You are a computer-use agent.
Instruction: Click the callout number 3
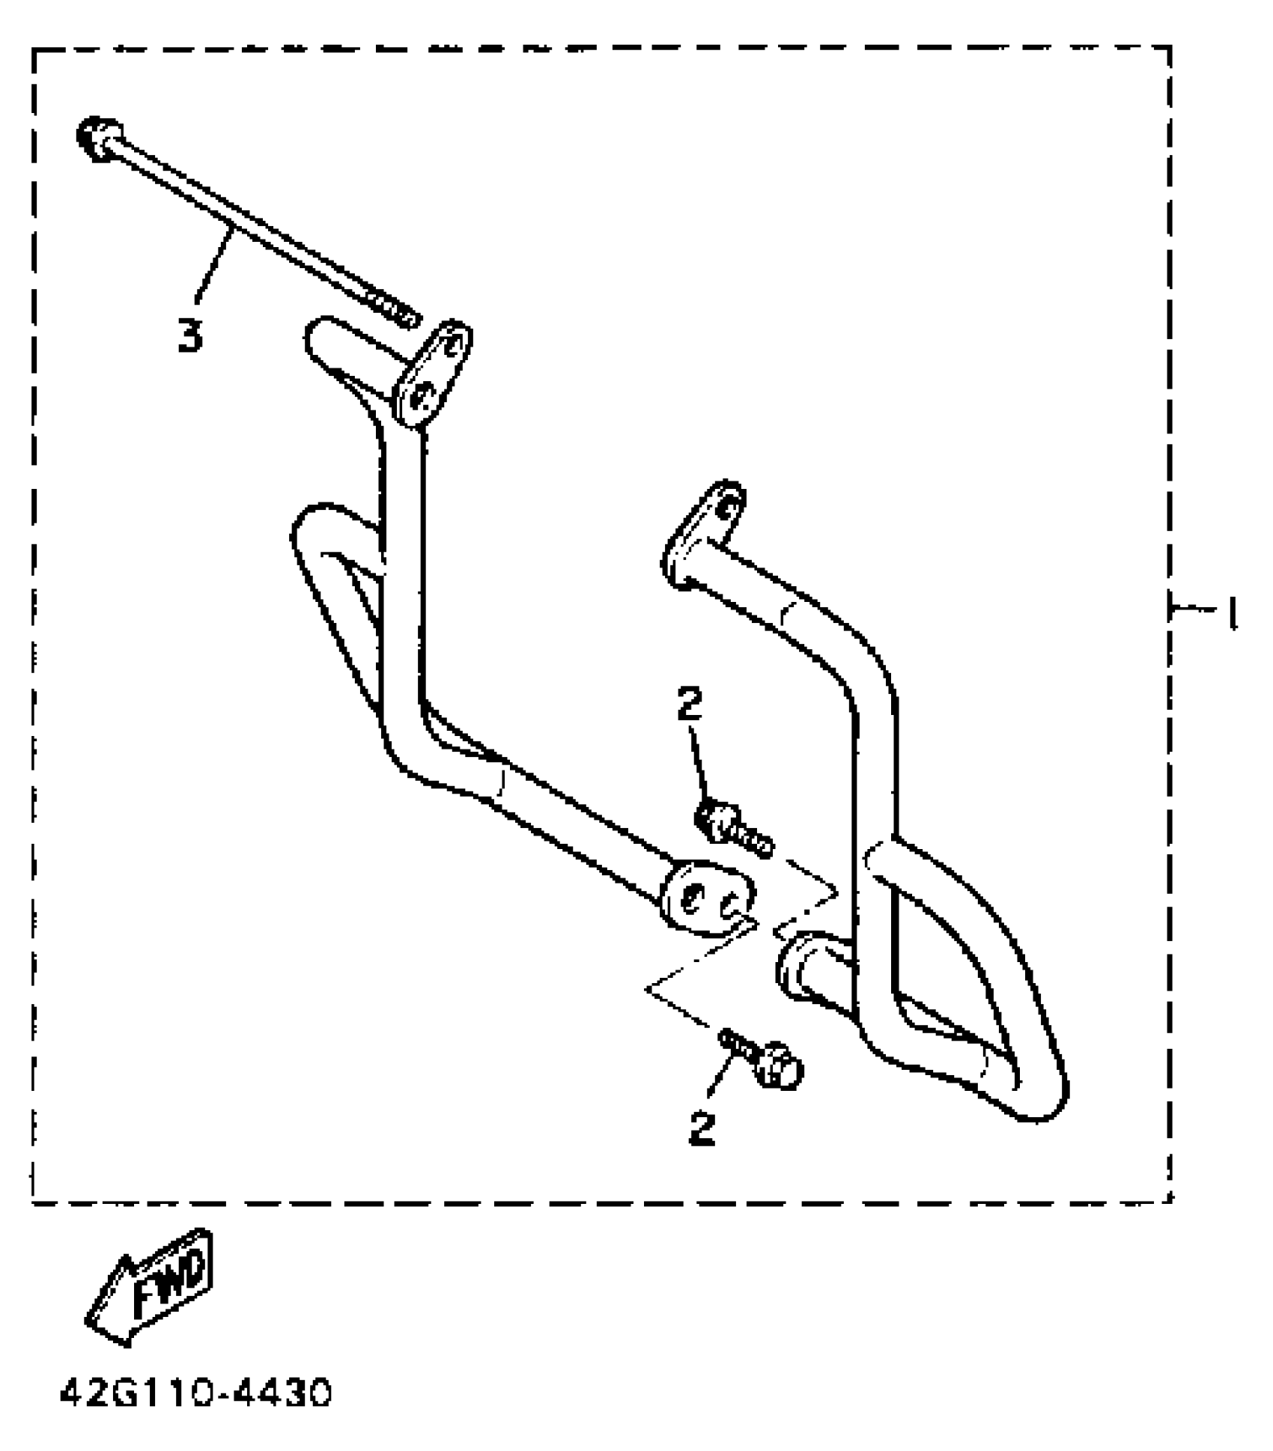pyautogui.click(x=190, y=336)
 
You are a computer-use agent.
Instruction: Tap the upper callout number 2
pyautogui.click(x=689, y=705)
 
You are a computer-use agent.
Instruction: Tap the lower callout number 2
pyautogui.click(x=702, y=1128)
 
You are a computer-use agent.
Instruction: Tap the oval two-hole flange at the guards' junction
pyautogui.click(x=707, y=898)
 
